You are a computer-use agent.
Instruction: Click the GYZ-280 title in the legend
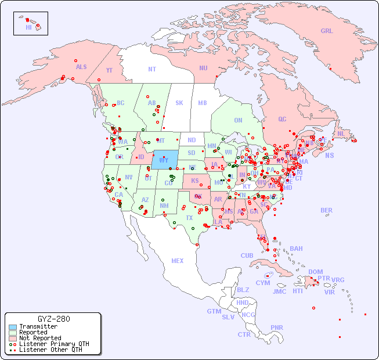pyautogui.click(x=53, y=319)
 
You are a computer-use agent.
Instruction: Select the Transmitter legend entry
pyautogui.click(x=38, y=327)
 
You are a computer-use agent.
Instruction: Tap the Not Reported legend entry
pyautogui.click(x=39, y=338)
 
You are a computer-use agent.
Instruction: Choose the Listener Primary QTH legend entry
pyautogui.click(x=53, y=344)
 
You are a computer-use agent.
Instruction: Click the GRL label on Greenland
pyautogui.click(x=327, y=31)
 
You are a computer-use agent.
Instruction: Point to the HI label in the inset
pyautogui.click(x=28, y=27)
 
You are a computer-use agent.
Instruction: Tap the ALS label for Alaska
pyautogui.click(x=81, y=67)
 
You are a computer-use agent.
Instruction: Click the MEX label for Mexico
pyautogui.click(x=178, y=261)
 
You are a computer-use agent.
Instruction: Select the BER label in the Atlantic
pyautogui.click(x=327, y=210)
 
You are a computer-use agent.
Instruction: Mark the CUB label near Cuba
pyautogui.click(x=247, y=255)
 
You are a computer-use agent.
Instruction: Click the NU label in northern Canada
pyautogui.click(x=203, y=68)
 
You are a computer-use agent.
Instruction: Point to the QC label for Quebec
pyautogui.click(x=282, y=119)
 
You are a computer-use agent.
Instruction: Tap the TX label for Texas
pyautogui.click(x=189, y=218)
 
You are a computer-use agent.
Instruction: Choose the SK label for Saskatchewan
pyautogui.click(x=179, y=103)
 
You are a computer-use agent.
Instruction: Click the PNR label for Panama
pyautogui.click(x=277, y=327)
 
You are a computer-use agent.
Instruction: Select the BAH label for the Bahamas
pyautogui.click(x=296, y=249)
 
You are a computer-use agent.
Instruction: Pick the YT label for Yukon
pyautogui.click(x=109, y=70)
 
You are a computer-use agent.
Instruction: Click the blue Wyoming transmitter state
pyautogui.click(x=165, y=159)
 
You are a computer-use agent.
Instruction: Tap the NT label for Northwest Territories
pyautogui.click(x=152, y=69)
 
